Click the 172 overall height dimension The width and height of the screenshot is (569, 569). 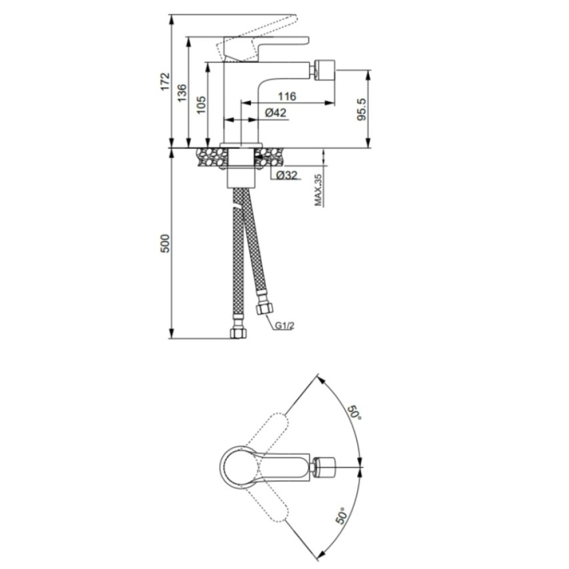165,81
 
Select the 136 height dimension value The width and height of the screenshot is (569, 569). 182,93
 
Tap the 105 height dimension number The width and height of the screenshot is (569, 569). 201,105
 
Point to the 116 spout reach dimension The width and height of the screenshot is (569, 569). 287,97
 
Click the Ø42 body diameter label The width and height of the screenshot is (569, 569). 276,113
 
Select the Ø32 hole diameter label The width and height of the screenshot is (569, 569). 287,176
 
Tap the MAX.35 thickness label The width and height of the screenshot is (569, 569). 318,190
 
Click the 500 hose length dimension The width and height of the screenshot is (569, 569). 165,244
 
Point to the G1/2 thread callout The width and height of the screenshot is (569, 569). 284,325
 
